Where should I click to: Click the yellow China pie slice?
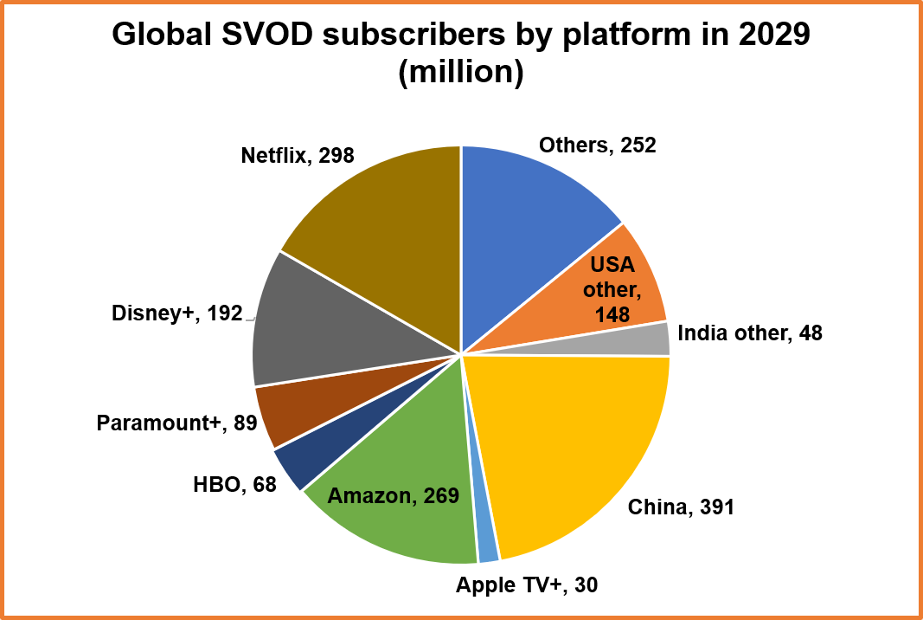tap(580, 442)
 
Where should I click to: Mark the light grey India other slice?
tap(656, 339)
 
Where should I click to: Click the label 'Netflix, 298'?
tap(298, 156)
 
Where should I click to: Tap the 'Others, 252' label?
tap(597, 145)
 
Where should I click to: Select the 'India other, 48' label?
tap(750, 333)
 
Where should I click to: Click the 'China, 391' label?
tap(681, 507)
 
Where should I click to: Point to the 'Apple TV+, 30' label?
tap(527, 585)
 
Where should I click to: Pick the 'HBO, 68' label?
tap(234, 484)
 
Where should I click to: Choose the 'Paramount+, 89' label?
tap(176, 423)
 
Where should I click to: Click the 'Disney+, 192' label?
tap(176, 313)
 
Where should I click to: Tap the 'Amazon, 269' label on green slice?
tap(393, 497)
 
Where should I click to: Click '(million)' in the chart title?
tap(461, 73)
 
